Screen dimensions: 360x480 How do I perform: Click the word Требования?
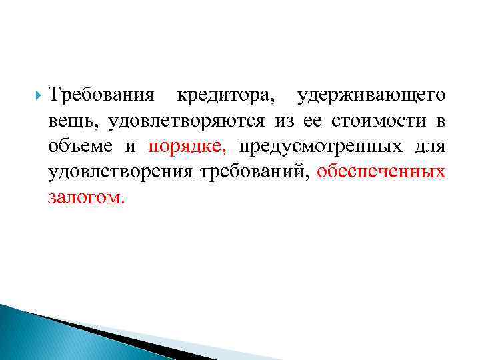[x=103, y=96]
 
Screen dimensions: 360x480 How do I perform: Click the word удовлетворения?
[x=120, y=172]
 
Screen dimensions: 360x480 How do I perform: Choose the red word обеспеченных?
[x=381, y=172]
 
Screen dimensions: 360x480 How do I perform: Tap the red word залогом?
[x=85, y=197]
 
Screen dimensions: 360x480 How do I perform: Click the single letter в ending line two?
[x=440, y=121]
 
